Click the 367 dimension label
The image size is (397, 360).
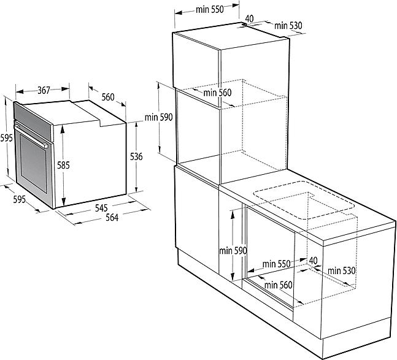[44, 90]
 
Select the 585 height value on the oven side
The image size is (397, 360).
[63, 165]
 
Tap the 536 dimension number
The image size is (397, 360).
[136, 156]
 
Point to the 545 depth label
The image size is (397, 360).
[101, 208]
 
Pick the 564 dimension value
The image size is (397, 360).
[112, 217]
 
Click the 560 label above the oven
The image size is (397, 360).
[108, 97]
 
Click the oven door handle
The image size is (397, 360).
[31, 136]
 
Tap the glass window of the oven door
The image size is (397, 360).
[34, 163]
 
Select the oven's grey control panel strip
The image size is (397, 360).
[34, 121]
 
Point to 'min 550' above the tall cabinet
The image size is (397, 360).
[210, 10]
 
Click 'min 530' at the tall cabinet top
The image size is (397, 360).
[288, 26]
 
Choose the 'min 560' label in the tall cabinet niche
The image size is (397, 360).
[217, 93]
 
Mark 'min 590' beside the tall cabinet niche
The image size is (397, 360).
[159, 117]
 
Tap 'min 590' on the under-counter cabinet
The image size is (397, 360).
[233, 251]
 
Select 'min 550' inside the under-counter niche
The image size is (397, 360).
[276, 264]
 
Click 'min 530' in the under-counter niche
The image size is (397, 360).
[342, 270]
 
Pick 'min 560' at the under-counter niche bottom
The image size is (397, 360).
[278, 285]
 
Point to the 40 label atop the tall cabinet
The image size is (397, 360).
[249, 18]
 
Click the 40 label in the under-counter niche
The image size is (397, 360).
[313, 260]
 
